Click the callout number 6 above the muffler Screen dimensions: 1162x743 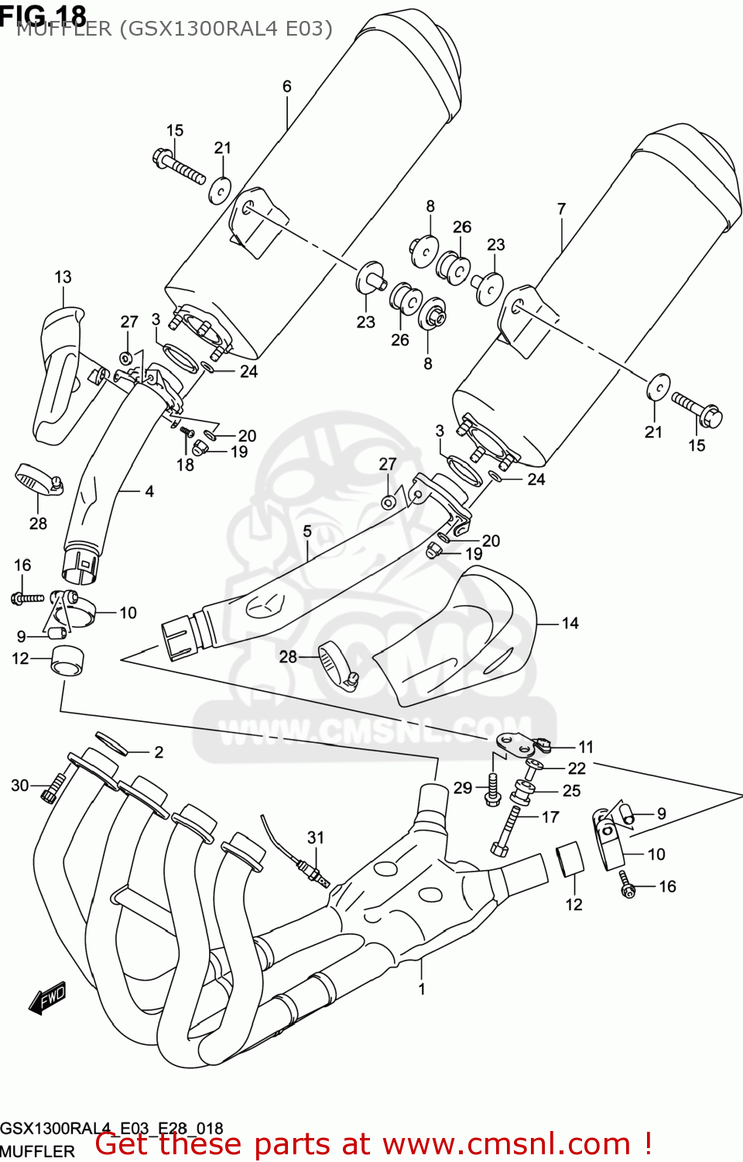[286, 86]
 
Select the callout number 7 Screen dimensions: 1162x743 [561, 208]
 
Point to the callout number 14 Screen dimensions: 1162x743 [570, 623]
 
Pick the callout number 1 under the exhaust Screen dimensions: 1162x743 [422, 988]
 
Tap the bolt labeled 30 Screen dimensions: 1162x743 [53, 789]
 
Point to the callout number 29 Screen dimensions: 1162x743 [462, 788]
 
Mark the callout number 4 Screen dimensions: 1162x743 [149, 491]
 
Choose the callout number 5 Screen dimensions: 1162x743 [307, 531]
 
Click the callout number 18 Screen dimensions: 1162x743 [185, 465]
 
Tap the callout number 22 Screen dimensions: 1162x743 [577, 768]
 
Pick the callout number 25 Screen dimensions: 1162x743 [571, 790]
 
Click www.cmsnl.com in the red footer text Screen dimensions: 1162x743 [506, 1144]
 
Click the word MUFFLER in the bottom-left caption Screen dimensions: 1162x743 [37, 1151]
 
